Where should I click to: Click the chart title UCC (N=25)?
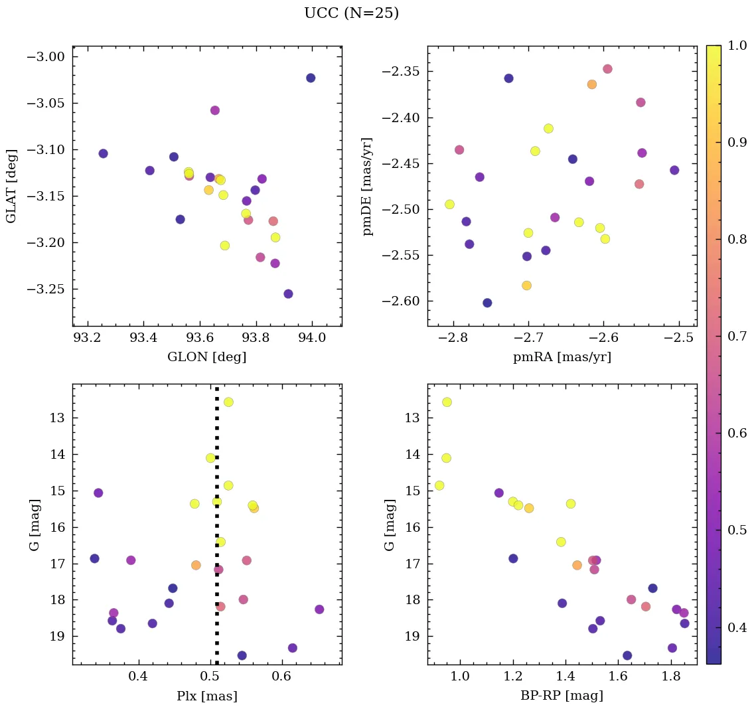coord(351,13)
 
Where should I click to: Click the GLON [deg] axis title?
coord(207,357)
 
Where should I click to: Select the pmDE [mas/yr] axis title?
coord(368,187)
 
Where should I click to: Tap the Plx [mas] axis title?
coord(207,696)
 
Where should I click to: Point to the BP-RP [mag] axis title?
coord(562,696)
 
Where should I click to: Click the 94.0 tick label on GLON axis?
coord(313,338)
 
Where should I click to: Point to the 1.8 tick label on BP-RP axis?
coord(672,676)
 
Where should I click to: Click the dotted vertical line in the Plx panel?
coord(217,597)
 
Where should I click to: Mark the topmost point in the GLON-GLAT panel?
coord(311,78)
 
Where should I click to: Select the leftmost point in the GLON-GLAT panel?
coord(103,153)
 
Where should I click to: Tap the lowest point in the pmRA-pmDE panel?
coord(487,303)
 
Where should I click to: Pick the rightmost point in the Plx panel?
coord(319,609)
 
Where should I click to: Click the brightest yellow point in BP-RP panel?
coord(447,402)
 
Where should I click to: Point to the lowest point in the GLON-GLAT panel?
coord(288,294)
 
